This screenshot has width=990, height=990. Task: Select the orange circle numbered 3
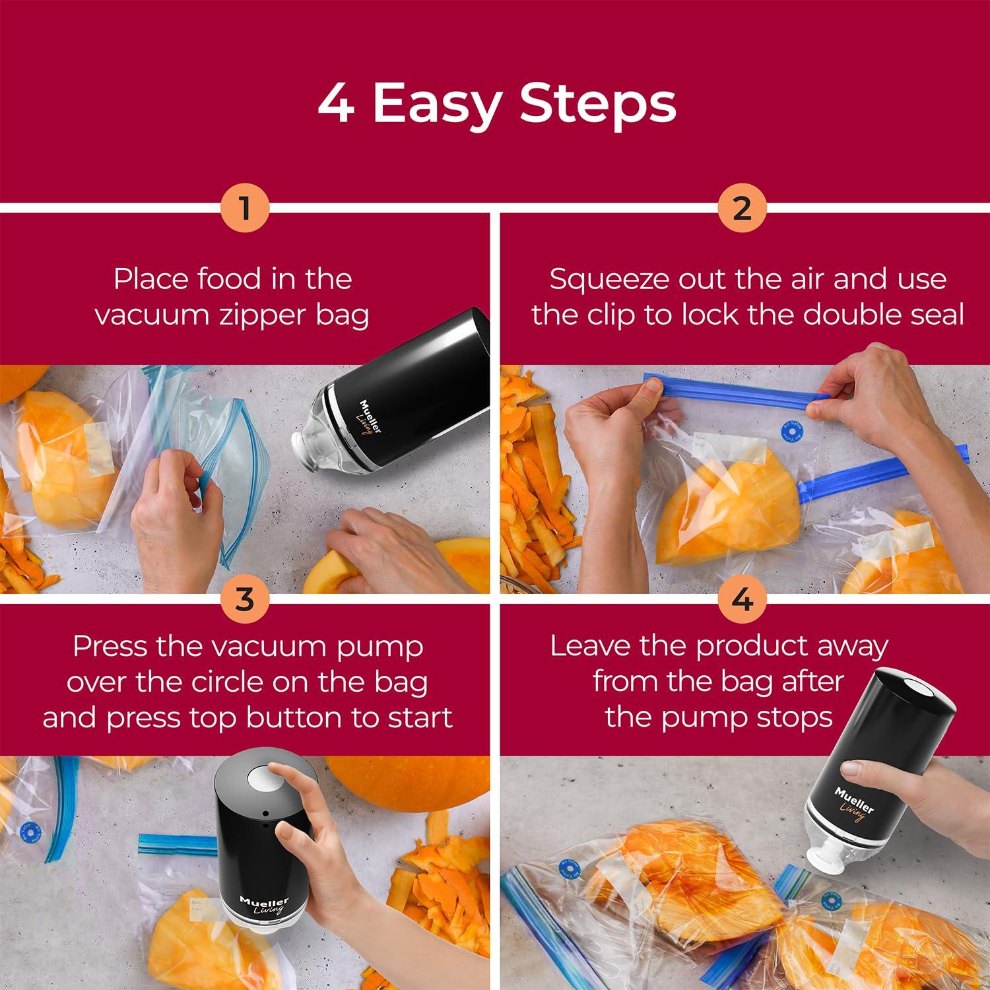pos(245,600)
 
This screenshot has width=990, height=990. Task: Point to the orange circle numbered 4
pos(742,600)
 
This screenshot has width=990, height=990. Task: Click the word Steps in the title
pos(598,104)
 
